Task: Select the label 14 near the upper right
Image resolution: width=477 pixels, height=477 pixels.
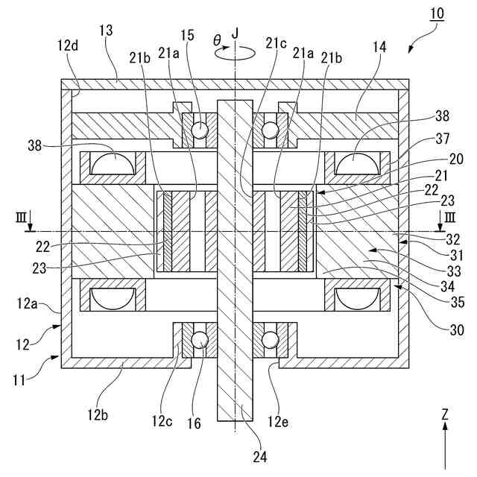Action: [x=379, y=46]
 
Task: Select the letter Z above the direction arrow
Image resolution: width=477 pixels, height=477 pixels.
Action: [x=445, y=413]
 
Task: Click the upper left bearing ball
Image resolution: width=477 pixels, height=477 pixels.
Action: [x=200, y=130]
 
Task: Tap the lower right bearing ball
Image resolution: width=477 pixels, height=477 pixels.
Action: [x=269, y=339]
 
